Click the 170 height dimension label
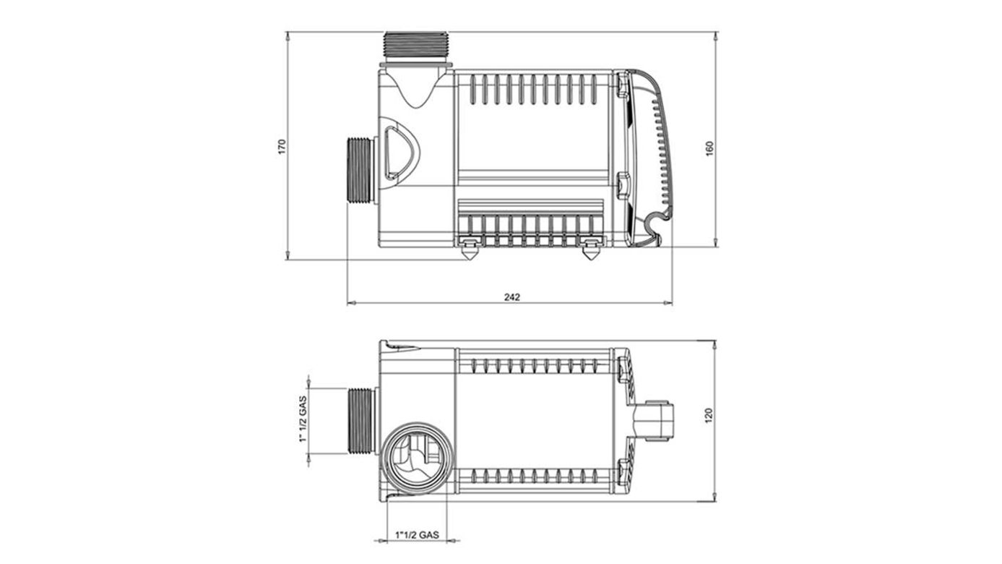pos(282,146)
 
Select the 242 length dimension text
pos(511,296)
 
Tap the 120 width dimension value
pos(709,416)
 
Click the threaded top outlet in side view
pos(417,47)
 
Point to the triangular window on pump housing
pos(399,152)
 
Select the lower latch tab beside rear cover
pos(621,184)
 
